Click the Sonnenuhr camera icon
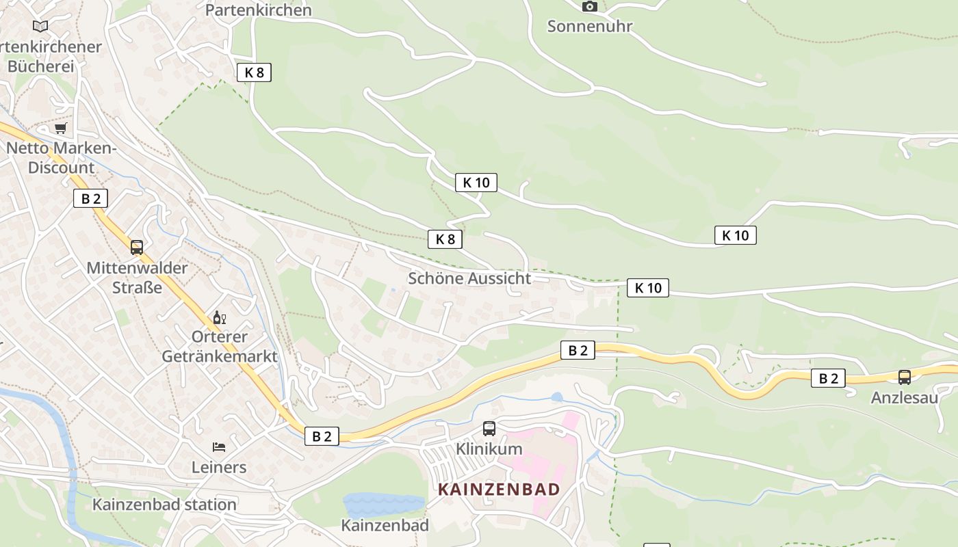click(x=589, y=7)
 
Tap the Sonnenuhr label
click(x=589, y=27)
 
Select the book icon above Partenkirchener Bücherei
click(x=40, y=26)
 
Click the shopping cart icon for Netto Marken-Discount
click(x=61, y=128)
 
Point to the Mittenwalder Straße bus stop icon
click(x=137, y=247)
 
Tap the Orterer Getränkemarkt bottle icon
click(x=220, y=317)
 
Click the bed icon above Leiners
click(x=219, y=447)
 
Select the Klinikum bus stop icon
click(x=489, y=429)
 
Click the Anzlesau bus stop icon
click(x=905, y=377)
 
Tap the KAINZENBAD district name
click(x=499, y=489)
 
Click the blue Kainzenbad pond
click(x=383, y=505)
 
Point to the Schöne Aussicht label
click(x=469, y=278)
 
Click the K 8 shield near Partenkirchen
click(x=254, y=72)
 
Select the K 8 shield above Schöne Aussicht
click(x=445, y=239)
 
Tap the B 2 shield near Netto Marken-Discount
click(x=90, y=199)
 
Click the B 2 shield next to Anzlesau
click(x=828, y=378)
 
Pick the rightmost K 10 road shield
click(x=736, y=235)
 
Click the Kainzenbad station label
click(x=164, y=505)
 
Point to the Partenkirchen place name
click(x=259, y=10)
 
